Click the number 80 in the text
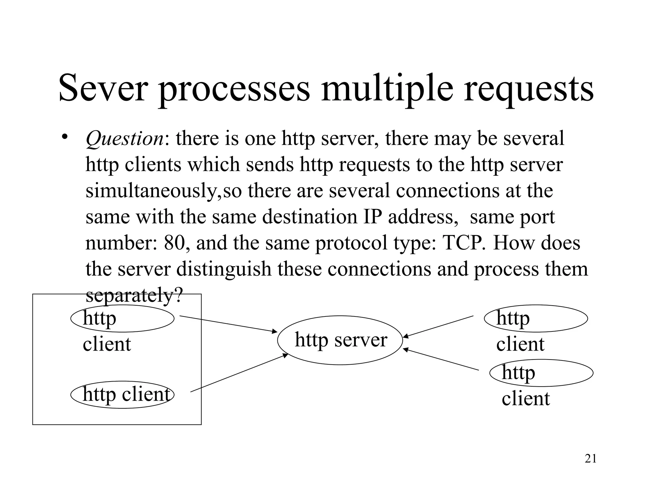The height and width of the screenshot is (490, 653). (x=174, y=243)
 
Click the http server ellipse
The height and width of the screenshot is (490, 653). (x=340, y=340)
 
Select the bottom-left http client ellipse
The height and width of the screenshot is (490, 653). (x=122, y=395)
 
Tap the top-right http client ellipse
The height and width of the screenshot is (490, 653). (x=536, y=318)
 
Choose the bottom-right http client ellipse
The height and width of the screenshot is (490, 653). (x=541, y=373)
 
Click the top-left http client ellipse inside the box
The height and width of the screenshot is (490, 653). (x=122, y=318)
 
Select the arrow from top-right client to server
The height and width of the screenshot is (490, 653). (x=438, y=326)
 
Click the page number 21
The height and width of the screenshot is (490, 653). (x=591, y=459)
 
